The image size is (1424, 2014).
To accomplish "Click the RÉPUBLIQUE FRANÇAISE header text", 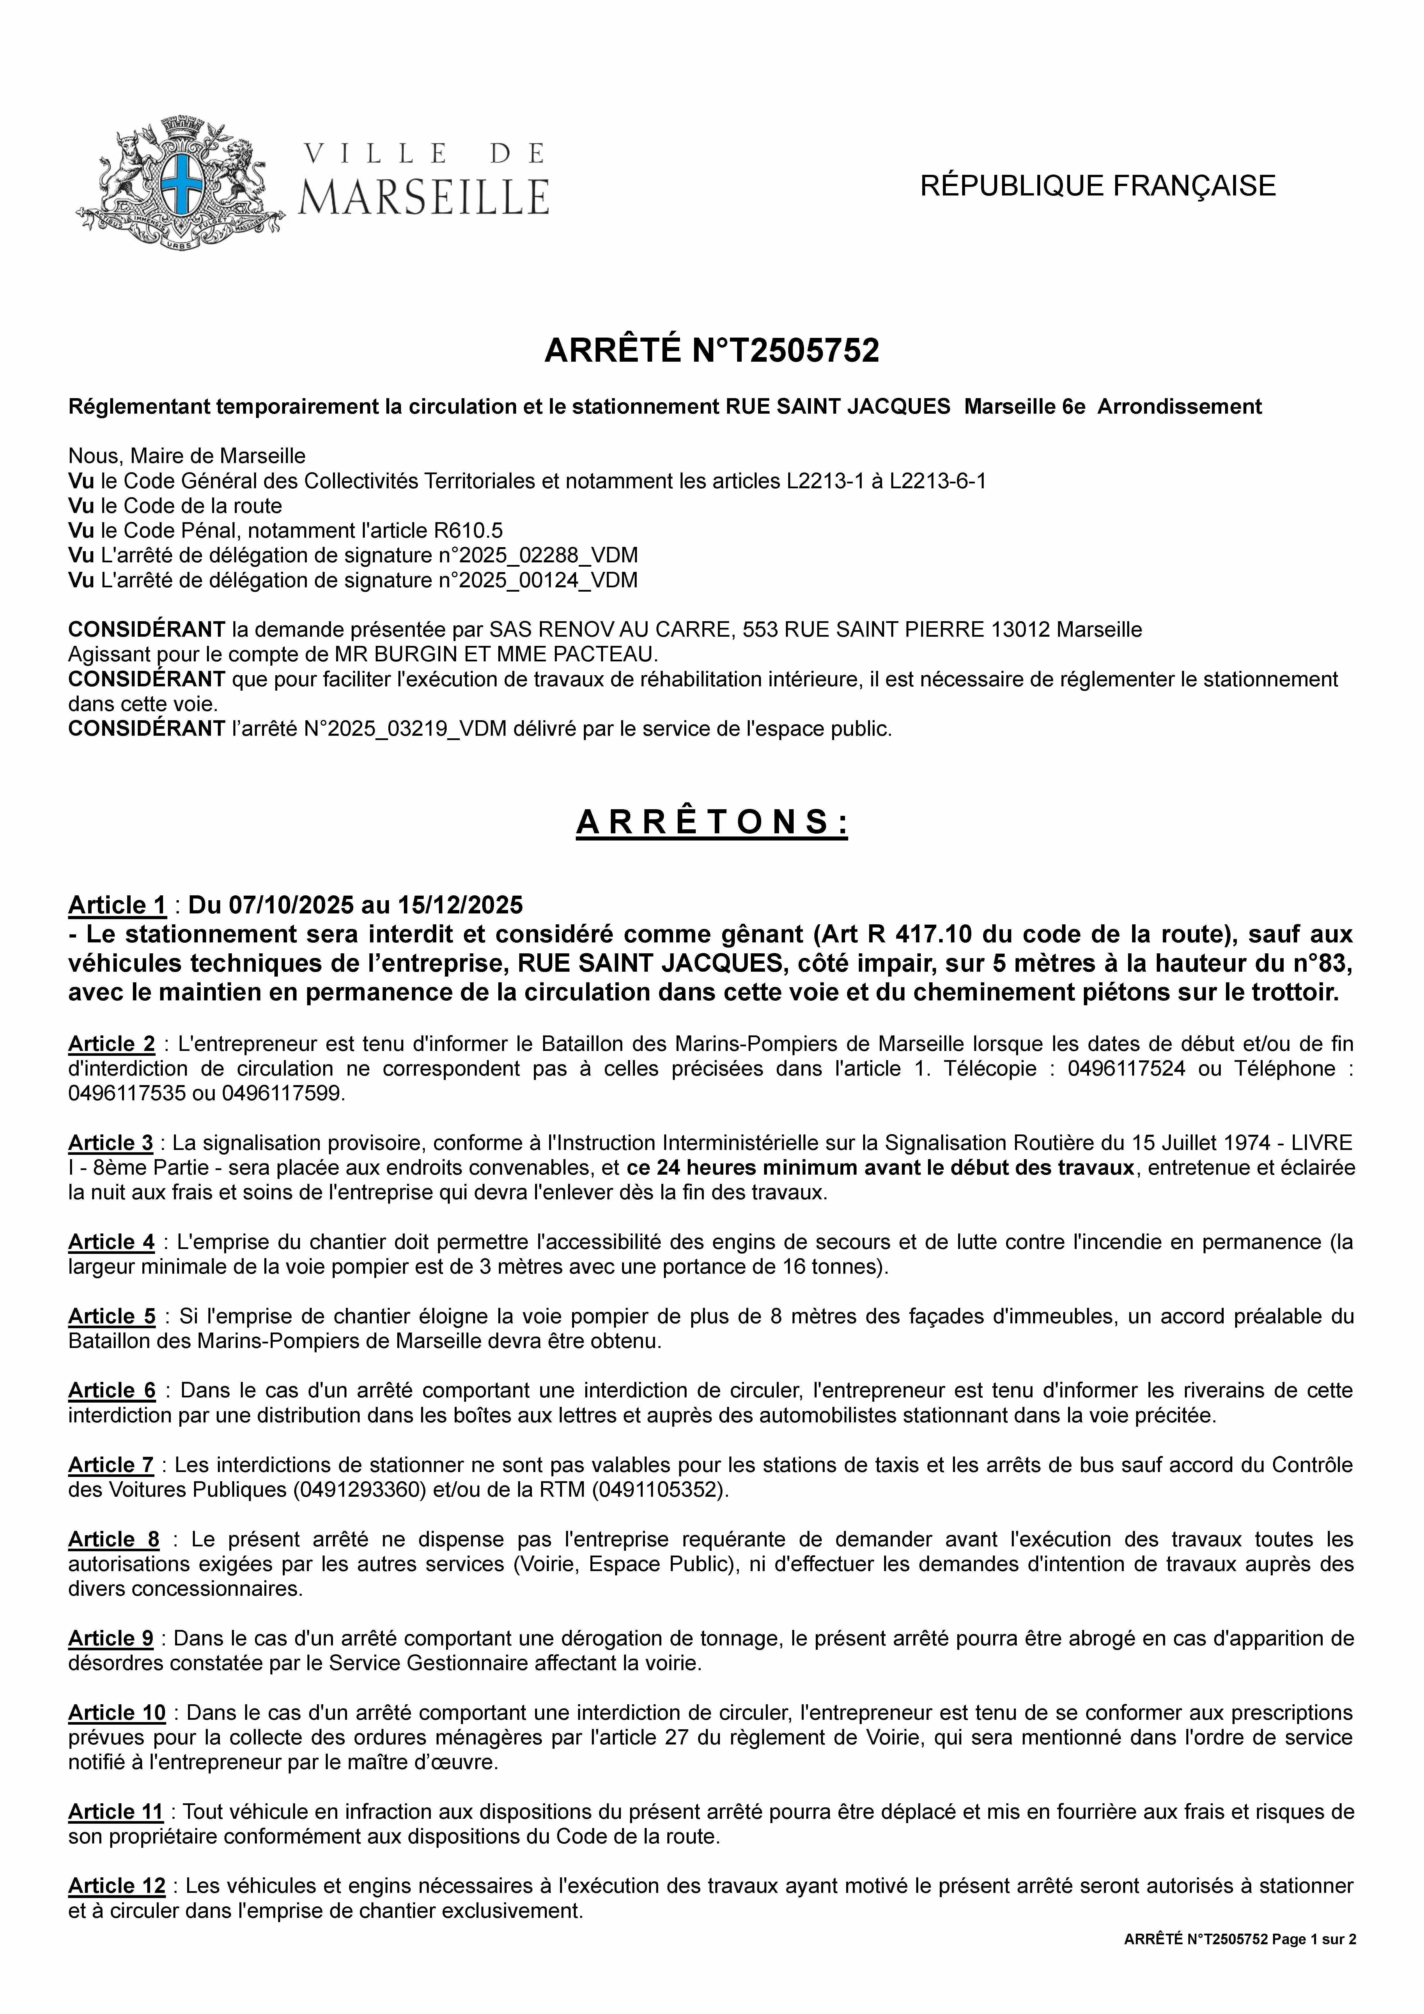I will (x=1097, y=186).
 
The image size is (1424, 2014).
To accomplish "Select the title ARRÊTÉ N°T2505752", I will (x=712, y=351).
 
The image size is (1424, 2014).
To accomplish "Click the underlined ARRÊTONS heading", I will (x=712, y=823).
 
